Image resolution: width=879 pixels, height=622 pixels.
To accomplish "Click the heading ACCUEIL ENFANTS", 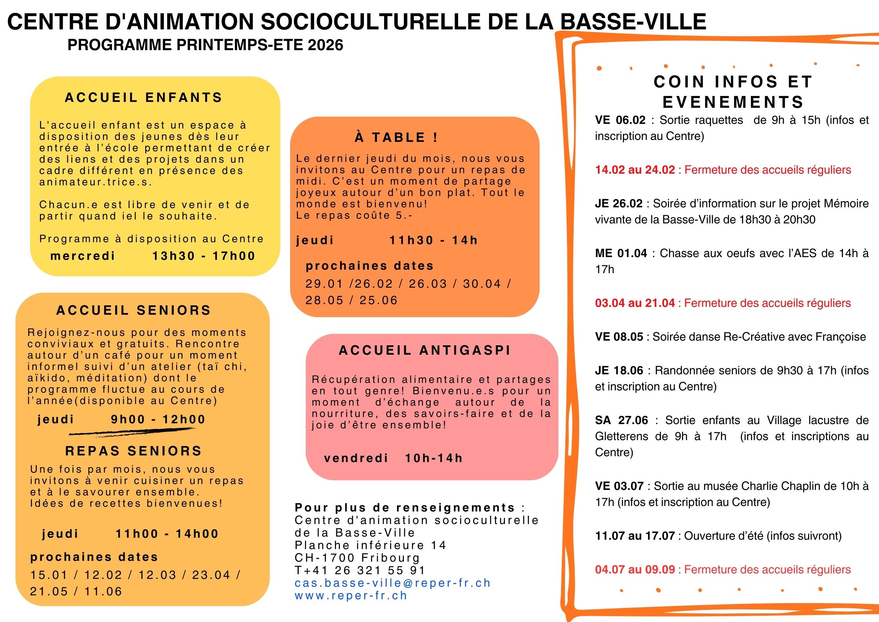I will pyautogui.click(x=143, y=97).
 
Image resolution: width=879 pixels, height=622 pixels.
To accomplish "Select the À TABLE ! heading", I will pyautogui.click(x=396, y=137).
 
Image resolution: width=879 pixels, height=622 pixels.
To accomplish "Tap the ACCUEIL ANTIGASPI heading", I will pyautogui.click(x=425, y=350).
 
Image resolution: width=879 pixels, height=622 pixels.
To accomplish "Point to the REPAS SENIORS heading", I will pyautogui.click(x=134, y=451).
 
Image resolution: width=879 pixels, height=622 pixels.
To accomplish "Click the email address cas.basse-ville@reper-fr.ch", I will pyautogui.click(x=393, y=583).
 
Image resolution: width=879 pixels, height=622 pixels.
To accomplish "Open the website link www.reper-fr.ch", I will pyautogui.click(x=351, y=595).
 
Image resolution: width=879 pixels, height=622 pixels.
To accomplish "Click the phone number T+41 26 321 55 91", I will pyautogui.click(x=360, y=570).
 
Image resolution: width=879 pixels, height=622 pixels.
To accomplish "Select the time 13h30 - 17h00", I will pyautogui.click(x=204, y=256).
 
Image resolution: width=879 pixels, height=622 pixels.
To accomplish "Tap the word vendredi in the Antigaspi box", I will pyautogui.click(x=356, y=458).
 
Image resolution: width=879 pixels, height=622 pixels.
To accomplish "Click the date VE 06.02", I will pyautogui.click(x=620, y=120).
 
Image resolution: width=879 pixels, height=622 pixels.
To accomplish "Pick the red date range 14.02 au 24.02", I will pyautogui.click(x=635, y=170).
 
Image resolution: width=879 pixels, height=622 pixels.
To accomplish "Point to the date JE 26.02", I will pyautogui.click(x=619, y=203).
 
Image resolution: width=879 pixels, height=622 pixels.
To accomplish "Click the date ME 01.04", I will pyautogui.click(x=621, y=253).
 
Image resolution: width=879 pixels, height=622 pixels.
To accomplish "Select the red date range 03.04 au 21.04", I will pyautogui.click(x=635, y=303).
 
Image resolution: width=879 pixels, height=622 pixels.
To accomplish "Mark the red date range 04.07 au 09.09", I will pyautogui.click(x=635, y=569).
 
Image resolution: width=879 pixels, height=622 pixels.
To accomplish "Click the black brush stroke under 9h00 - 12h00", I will pyautogui.click(x=132, y=432).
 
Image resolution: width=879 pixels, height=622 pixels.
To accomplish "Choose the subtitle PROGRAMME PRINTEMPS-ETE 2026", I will pyautogui.click(x=205, y=45).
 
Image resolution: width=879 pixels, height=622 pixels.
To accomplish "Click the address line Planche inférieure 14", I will pyautogui.click(x=370, y=545).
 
